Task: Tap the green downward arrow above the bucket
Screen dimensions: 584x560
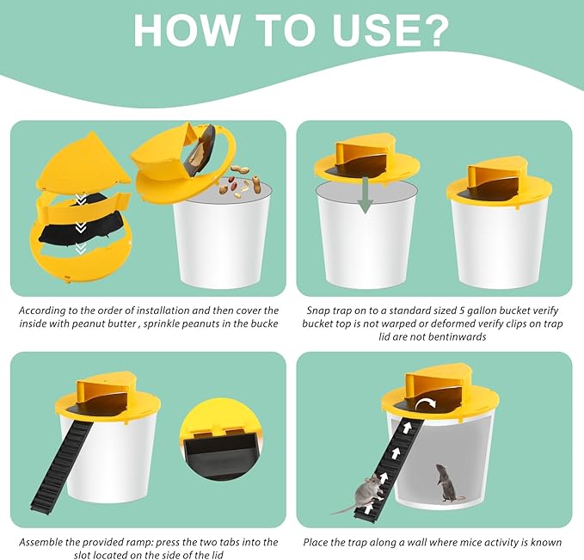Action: (366, 195)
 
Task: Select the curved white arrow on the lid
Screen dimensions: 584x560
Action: (426, 403)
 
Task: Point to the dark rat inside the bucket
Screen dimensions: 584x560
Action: (448, 483)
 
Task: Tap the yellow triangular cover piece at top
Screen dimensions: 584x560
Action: (85, 161)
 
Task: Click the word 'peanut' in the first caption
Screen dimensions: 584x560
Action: (88, 323)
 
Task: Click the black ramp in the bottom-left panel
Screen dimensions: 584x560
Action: (61, 471)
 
